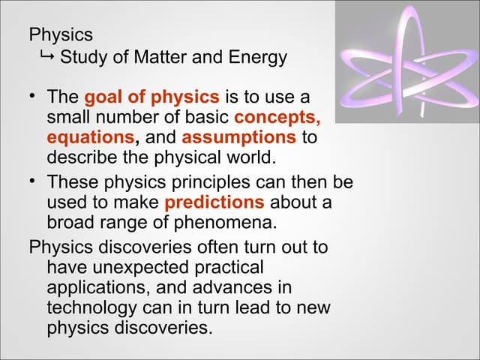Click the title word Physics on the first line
(61, 34)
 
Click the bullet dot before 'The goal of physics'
(34, 97)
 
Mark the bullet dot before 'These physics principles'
(34, 182)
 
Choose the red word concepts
(277, 118)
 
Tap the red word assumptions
(238, 138)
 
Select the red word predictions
(214, 202)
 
